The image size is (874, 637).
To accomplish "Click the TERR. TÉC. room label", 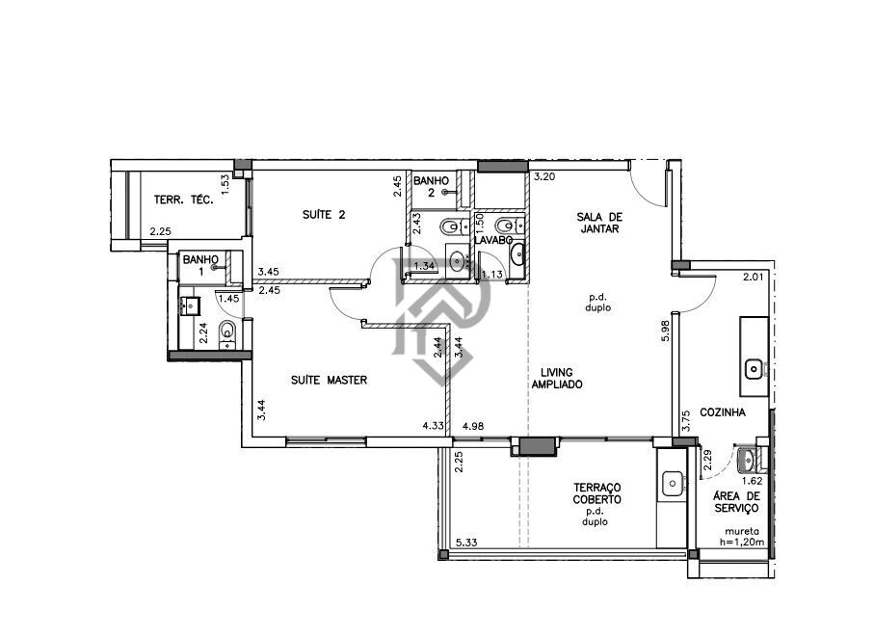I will click(183, 200).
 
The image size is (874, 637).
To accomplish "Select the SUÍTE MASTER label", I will click(329, 380).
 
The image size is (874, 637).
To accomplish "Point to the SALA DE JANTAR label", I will click(597, 223).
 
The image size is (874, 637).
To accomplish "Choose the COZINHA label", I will click(724, 411).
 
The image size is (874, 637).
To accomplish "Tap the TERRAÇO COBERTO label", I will click(596, 494).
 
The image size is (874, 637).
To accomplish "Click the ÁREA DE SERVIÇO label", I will click(736, 502).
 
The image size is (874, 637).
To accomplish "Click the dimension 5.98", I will click(665, 332).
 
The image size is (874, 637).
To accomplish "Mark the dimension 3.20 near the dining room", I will click(544, 177).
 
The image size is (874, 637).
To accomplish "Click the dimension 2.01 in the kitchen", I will click(753, 279).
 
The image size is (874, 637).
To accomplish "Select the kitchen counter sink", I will click(754, 367).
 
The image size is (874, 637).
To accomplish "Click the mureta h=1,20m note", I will click(746, 537).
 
